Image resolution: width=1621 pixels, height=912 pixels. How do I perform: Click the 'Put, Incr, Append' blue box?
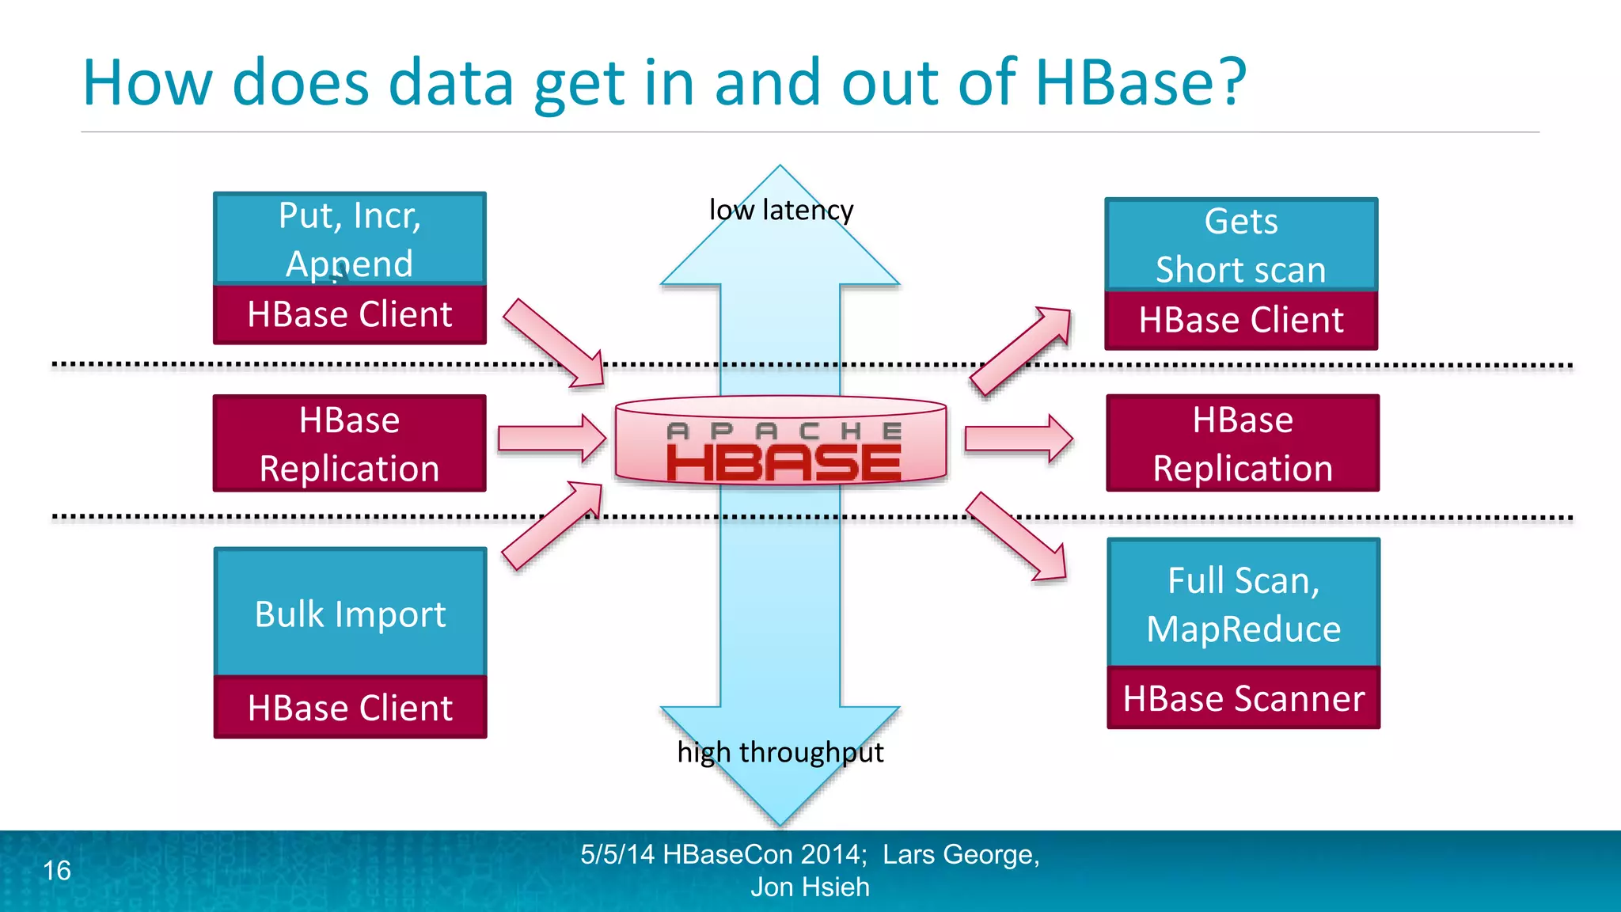349,237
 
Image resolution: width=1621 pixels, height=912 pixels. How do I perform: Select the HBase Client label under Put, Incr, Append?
349,314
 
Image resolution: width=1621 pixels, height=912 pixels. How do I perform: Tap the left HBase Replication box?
349,443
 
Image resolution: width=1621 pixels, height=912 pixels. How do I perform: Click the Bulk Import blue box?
350,612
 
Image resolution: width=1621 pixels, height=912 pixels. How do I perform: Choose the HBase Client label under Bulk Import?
350,707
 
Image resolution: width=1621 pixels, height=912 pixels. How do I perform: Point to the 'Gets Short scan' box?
1240,244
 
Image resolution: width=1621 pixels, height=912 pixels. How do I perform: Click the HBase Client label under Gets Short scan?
1240,320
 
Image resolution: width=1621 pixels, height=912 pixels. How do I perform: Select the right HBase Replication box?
1242,443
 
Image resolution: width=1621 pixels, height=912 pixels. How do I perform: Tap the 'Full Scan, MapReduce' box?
1243,603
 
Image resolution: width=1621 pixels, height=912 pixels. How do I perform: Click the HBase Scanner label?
1243,698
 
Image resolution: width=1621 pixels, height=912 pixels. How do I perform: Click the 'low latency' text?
780,210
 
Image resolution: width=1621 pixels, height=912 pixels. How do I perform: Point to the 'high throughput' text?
780,751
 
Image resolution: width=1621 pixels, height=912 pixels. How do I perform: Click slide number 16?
57,870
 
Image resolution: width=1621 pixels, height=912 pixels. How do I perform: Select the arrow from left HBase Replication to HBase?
552,438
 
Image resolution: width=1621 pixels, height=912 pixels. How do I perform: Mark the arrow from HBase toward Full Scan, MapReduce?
1016,537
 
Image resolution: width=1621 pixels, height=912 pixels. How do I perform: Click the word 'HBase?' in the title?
1140,82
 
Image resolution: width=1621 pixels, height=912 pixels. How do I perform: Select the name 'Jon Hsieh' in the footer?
810,887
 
